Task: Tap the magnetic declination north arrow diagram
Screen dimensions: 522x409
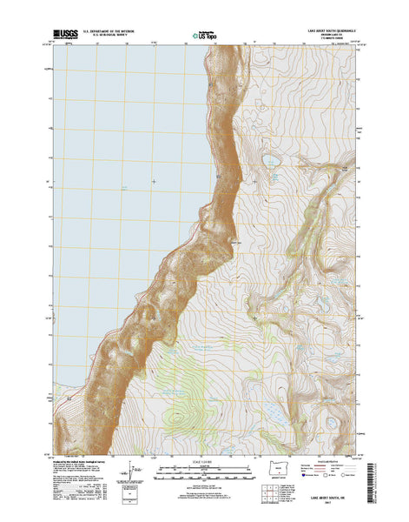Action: click(x=132, y=478)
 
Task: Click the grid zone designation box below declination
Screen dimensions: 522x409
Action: click(x=132, y=500)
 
